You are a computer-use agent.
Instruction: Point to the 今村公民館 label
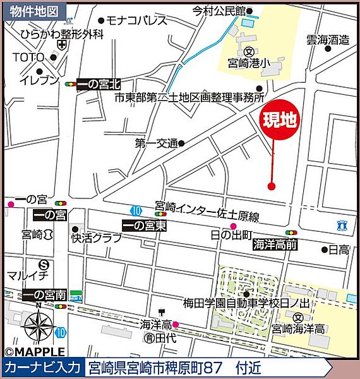click(x=218, y=11)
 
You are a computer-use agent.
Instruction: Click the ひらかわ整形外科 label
click(x=61, y=34)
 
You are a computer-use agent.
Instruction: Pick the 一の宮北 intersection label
click(x=98, y=84)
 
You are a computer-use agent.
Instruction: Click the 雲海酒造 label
click(x=328, y=40)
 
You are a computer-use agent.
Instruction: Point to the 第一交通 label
click(x=155, y=144)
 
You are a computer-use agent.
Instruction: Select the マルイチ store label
click(x=28, y=276)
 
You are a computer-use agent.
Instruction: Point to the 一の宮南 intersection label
click(x=44, y=294)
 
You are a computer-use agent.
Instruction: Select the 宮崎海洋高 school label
click(x=298, y=329)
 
